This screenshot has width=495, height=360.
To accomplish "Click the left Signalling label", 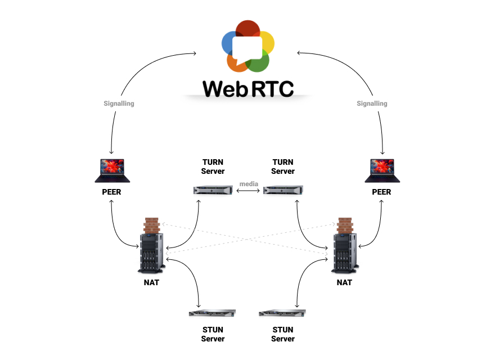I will (119, 103).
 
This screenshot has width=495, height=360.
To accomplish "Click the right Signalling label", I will (372, 103).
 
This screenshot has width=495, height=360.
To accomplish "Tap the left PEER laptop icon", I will (112, 170).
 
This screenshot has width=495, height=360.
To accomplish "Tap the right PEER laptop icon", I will (382, 170).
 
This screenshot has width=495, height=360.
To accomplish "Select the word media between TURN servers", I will (248, 183).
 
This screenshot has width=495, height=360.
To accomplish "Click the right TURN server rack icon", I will (283, 190).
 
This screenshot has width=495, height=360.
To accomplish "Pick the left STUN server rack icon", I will (213, 313).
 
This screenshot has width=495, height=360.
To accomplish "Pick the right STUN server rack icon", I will (283, 313).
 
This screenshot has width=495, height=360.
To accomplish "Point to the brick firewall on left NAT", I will (151, 225).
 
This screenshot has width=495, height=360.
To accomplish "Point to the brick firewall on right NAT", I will (345, 225).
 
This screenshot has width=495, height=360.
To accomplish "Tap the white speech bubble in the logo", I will (247, 48).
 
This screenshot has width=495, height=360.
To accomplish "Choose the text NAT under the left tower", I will (151, 282).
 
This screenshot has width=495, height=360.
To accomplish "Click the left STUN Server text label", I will (213, 334).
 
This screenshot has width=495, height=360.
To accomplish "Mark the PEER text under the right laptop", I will (381, 192).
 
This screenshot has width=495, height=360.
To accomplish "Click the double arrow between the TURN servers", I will (248, 191).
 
